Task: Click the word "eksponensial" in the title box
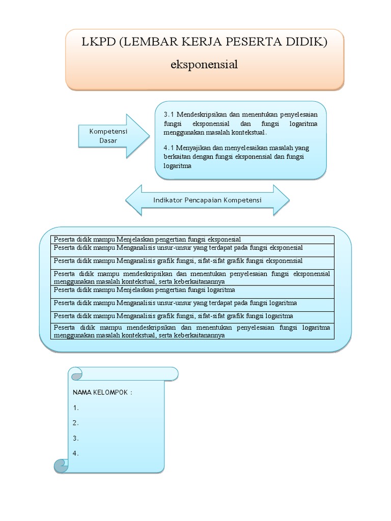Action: [205, 65]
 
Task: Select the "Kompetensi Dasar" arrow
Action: [111, 135]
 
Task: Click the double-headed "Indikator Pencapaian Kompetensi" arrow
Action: [207, 200]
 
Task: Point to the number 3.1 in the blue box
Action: [169, 113]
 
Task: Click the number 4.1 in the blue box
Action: [169, 148]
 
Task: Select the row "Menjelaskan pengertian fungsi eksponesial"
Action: [192, 239]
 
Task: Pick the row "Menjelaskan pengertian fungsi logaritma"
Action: [192, 290]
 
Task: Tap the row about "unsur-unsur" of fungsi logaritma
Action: [192, 303]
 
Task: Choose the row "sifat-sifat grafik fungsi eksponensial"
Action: [192, 260]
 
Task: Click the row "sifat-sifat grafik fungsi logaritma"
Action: [192, 316]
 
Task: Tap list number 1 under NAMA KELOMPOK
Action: [75, 408]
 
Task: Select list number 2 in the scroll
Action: [75, 423]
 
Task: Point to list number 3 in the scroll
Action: [75, 438]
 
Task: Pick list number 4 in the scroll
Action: [75, 454]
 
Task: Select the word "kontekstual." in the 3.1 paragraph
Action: [248, 132]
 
